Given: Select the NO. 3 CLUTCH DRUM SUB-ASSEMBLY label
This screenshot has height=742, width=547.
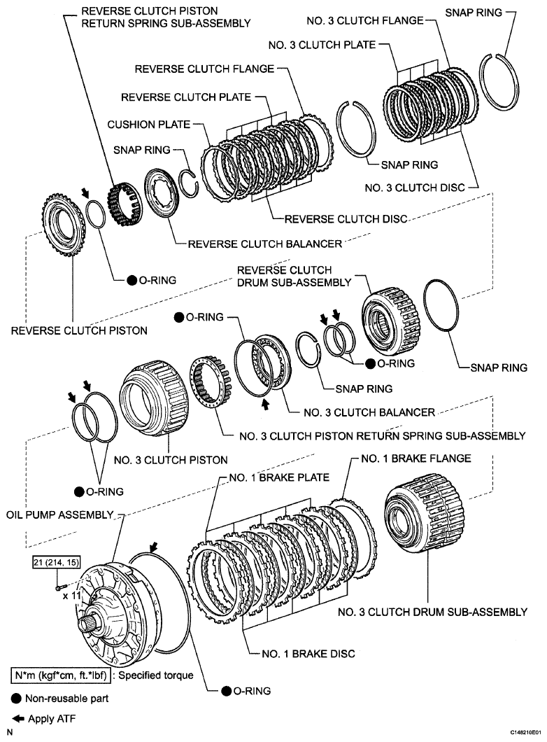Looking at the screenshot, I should pos(432,612).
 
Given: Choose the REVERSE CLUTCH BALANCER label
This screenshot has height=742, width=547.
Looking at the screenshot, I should pos(264,244).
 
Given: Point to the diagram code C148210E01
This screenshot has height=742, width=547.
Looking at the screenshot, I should pos(519,730).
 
